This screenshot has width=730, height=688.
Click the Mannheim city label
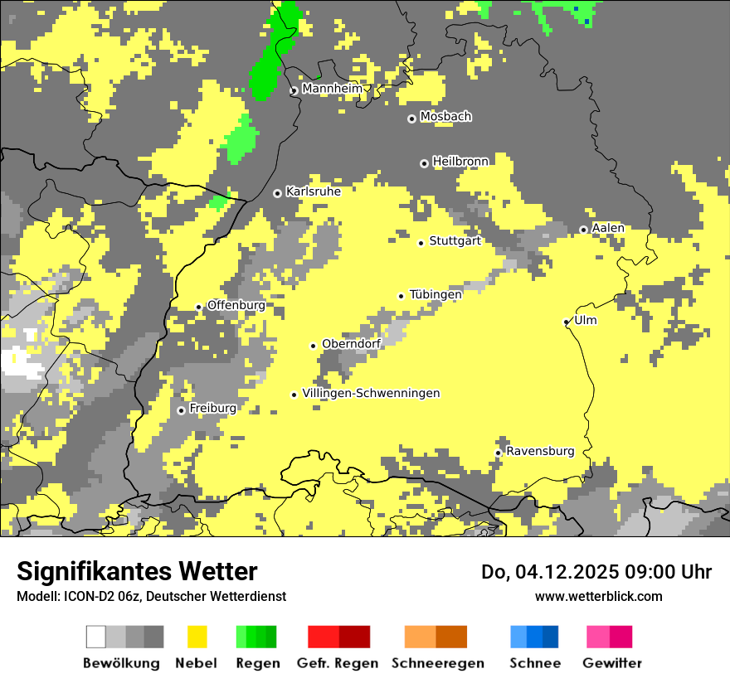(x=333, y=89)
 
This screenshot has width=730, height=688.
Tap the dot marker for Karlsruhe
(x=278, y=193)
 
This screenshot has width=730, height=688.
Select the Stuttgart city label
(x=455, y=241)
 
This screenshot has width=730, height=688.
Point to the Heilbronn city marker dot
(x=424, y=163)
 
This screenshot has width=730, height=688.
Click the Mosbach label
(x=445, y=117)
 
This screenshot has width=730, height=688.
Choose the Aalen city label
(x=608, y=228)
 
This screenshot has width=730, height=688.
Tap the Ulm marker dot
(x=567, y=322)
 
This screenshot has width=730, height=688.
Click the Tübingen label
(x=436, y=294)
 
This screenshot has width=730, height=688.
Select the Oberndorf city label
(x=351, y=344)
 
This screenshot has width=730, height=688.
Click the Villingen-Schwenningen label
(x=371, y=393)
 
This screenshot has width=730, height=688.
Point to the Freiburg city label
(x=212, y=409)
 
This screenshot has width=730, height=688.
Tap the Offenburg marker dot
(x=198, y=308)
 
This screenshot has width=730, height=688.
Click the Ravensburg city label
(x=540, y=452)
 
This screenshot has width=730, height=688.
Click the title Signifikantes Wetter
(x=137, y=572)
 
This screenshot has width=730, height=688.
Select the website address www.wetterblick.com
(x=598, y=596)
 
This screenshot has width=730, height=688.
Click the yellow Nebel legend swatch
(x=197, y=637)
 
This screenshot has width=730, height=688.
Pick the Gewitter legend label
(x=611, y=663)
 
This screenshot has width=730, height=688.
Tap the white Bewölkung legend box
(x=96, y=637)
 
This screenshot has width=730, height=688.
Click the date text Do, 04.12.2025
(x=560, y=572)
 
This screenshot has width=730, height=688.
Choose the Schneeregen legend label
(x=437, y=663)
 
